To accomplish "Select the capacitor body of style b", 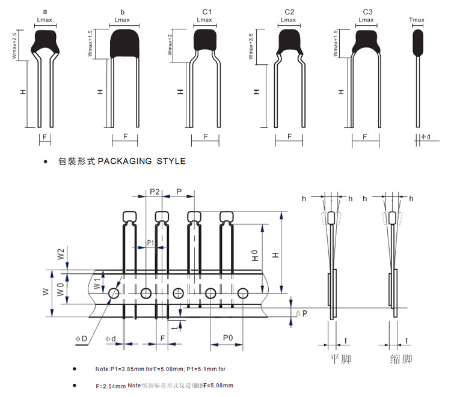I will click(126, 44).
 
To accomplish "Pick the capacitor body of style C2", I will click(289, 42).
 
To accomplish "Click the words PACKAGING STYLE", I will click(142, 161).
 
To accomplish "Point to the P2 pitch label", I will click(155, 191).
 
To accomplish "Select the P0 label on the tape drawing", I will click(228, 338).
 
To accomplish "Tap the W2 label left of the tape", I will click(61, 255).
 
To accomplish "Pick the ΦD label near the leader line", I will click(81, 339).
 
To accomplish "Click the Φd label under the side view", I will click(425, 137).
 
